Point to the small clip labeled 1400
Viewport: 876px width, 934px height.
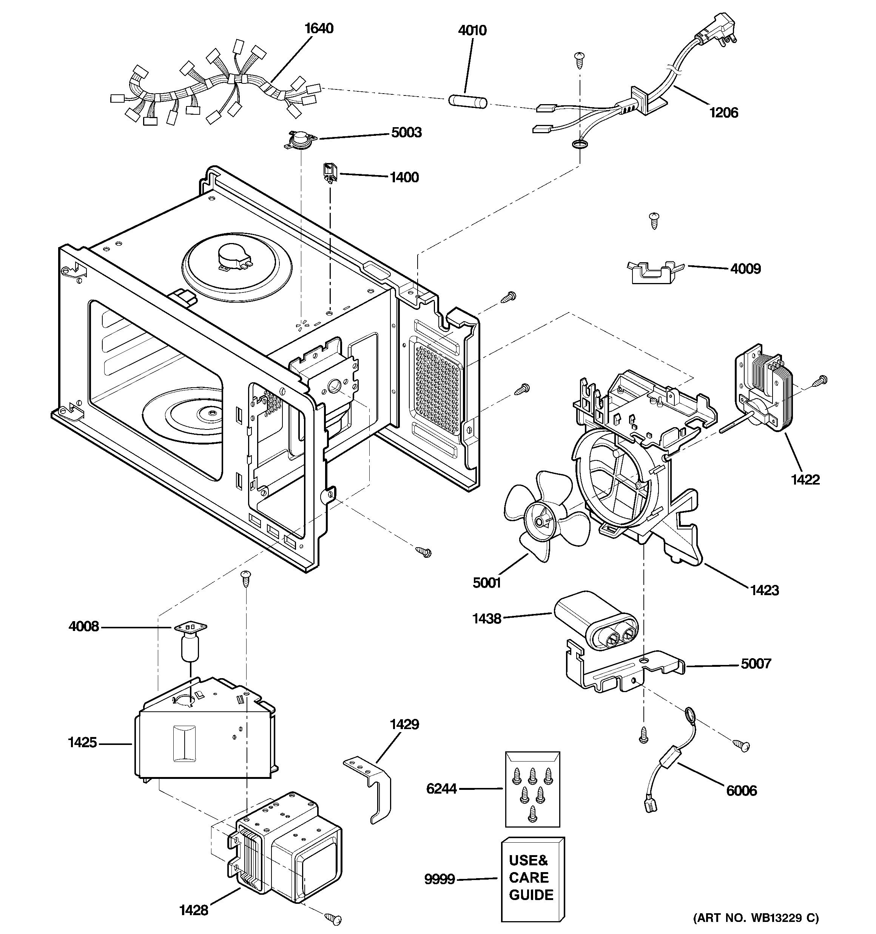330,172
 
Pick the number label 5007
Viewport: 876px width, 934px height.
756,664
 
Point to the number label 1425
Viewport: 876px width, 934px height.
82,742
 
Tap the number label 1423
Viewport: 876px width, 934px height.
764,590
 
